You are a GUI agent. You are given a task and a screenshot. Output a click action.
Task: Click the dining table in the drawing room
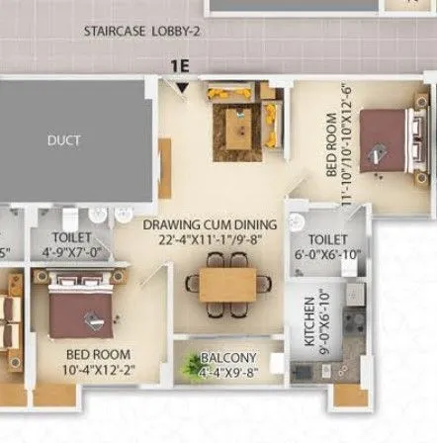(x=226, y=283)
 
